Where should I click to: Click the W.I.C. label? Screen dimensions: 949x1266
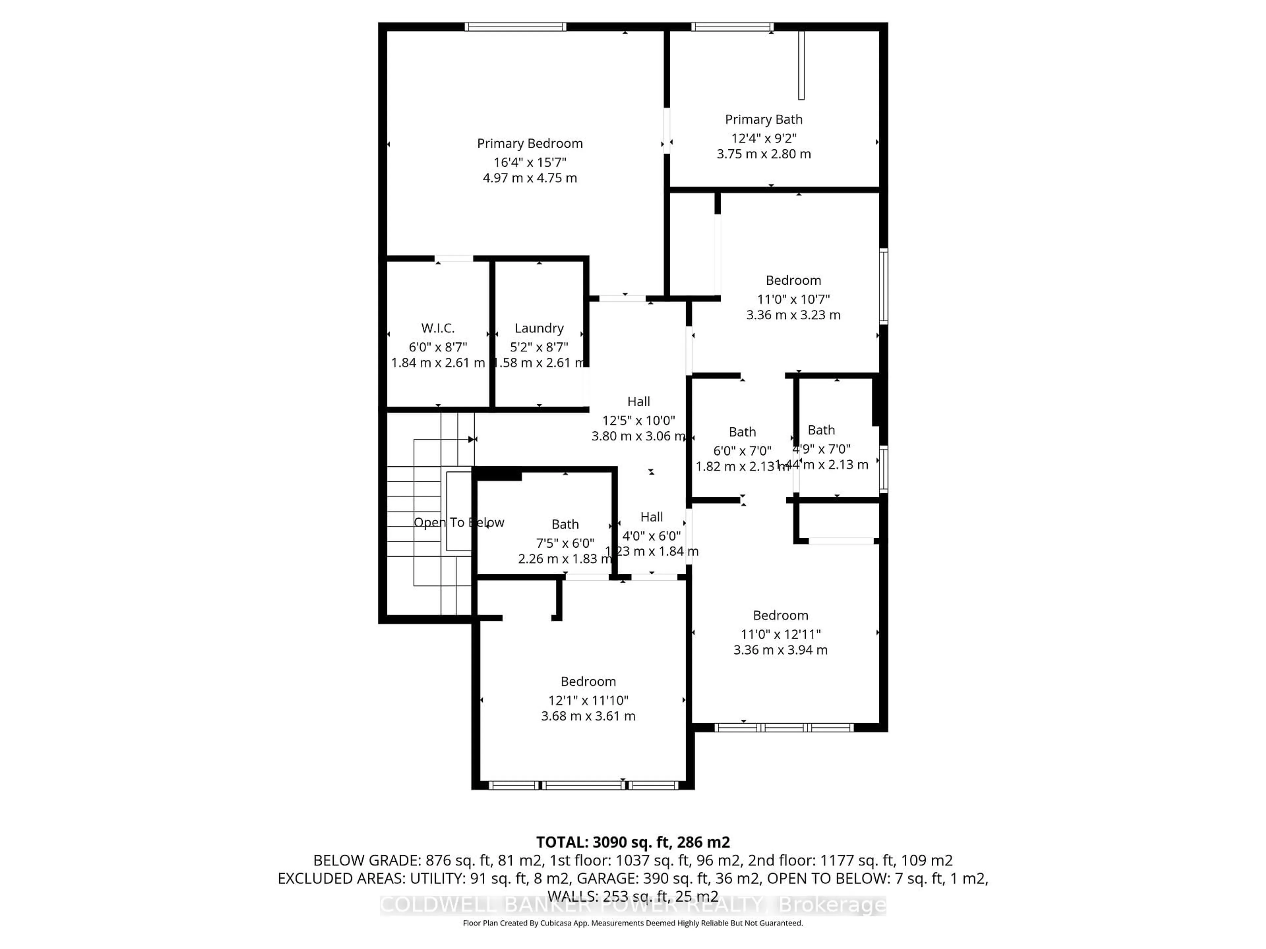tap(438, 328)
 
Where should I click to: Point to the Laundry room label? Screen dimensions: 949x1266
tap(539, 328)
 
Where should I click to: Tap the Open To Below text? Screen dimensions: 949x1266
tap(459, 522)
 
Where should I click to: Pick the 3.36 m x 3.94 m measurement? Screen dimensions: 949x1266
tap(780, 650)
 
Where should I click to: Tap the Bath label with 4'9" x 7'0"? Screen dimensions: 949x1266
tap(821, 430)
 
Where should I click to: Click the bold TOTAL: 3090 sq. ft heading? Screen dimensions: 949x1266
tap(632, 842)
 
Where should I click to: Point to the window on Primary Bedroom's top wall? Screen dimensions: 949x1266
tap(515, 26)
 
